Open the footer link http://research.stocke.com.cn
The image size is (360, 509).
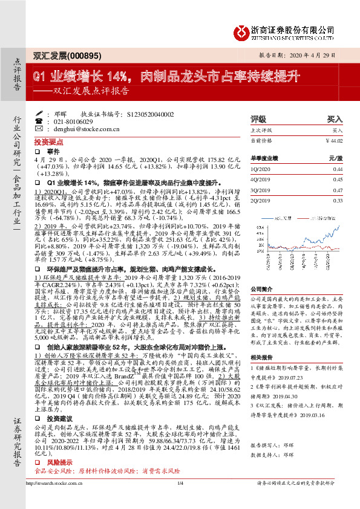point(57,500)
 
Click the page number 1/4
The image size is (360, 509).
point(180,500)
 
